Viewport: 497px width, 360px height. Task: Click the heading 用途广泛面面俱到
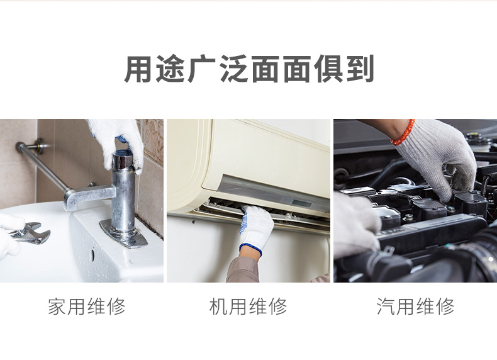tap(249, 69)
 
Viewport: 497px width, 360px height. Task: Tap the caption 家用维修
tap(87, 306)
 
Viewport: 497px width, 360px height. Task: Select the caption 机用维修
tap(248, 306)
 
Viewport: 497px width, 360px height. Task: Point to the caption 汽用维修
tap(416, 306)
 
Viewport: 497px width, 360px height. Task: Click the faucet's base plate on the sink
tap(123, 233)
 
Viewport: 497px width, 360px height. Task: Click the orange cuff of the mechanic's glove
tap(403, 133)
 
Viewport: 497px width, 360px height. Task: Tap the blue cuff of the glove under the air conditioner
tap(251, 249)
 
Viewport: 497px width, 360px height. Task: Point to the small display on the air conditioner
tap(299, 203)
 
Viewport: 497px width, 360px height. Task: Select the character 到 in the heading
tap(360, 69)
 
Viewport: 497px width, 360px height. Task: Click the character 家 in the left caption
tap(57, 306)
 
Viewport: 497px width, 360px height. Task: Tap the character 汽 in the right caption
tap(386, 306)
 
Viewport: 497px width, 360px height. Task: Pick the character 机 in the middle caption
tap(219, 306)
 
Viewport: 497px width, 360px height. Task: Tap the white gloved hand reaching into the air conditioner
tap(256, 225)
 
